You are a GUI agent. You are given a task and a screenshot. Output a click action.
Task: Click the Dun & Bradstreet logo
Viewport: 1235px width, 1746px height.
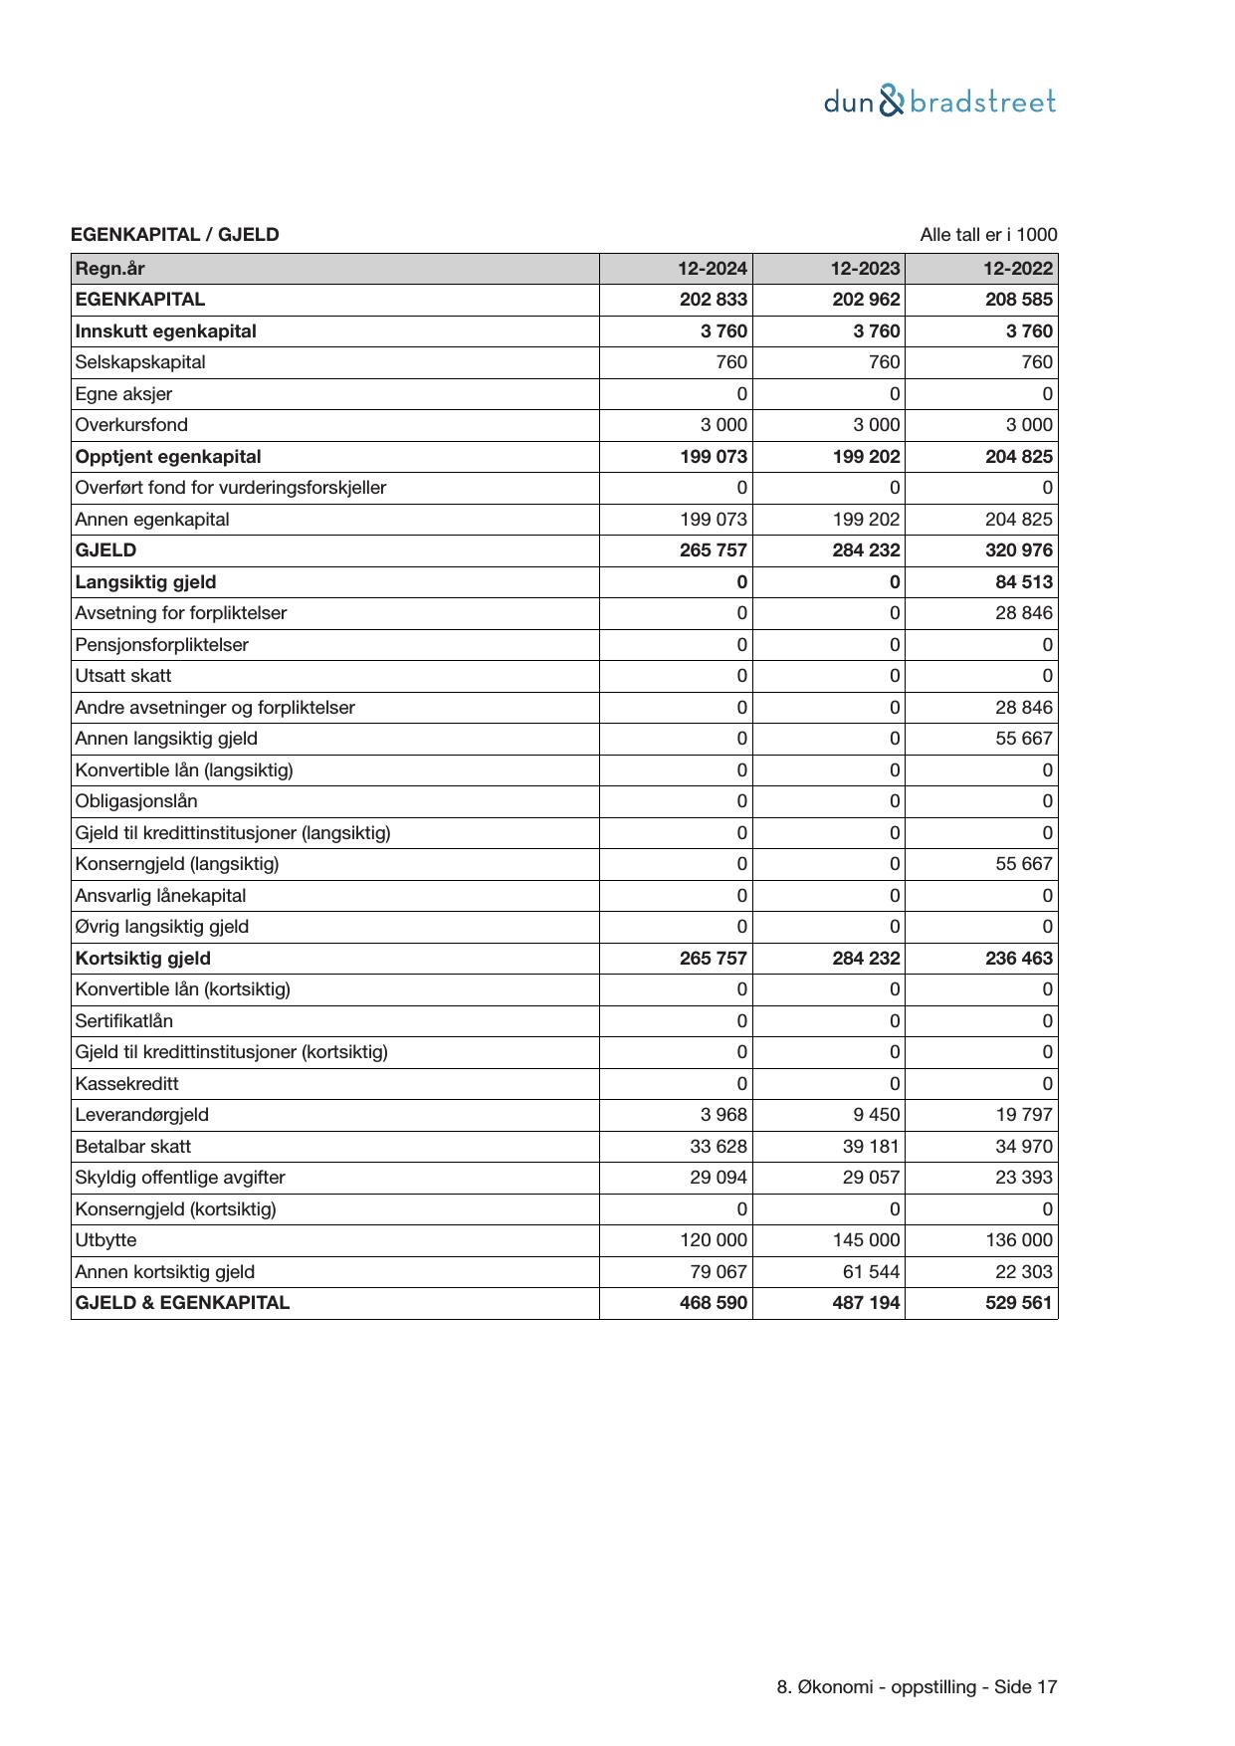(x=939, y=102)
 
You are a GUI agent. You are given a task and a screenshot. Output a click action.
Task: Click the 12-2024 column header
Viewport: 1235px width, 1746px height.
(x=713, y=269)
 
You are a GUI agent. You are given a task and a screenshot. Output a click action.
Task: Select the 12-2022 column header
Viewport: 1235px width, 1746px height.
(x=1017, y=269)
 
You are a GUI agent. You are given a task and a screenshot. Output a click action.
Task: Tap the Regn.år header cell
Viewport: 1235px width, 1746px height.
(x=109, y=269)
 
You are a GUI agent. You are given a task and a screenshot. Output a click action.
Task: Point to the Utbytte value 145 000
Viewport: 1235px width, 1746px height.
(x=866, y=1240)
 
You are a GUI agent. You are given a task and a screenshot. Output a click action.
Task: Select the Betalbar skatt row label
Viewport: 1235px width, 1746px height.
(x=132, y=1147)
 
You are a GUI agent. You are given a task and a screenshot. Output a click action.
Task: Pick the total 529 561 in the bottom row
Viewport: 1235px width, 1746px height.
(x=1018, y=1303)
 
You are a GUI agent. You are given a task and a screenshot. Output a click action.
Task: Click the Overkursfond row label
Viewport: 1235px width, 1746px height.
(x=131, y=425)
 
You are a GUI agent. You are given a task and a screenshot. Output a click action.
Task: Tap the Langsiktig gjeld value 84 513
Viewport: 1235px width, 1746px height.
(x=1024, y=582)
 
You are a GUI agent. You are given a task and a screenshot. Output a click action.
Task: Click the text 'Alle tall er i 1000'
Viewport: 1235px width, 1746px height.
(x=988, y=235)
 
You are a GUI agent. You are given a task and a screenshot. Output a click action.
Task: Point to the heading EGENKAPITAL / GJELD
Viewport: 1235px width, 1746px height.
(x=175, y=235)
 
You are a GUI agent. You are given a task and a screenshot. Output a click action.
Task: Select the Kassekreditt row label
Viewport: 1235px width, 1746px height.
(x=126, y=1084)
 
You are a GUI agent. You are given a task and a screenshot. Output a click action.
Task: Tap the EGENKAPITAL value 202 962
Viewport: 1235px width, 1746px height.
(x=866, y=300)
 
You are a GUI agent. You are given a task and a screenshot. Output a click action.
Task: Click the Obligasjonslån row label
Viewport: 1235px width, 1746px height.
(x=136, y=801)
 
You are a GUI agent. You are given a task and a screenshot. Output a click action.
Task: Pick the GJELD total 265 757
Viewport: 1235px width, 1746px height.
(x=713, y=550)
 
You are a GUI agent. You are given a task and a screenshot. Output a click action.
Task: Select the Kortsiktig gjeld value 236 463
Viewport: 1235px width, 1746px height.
(x=1018, y=959)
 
